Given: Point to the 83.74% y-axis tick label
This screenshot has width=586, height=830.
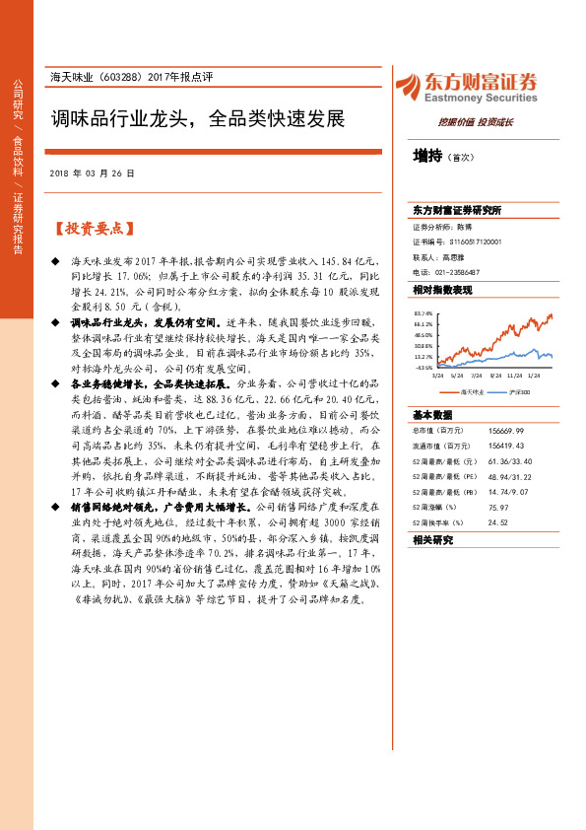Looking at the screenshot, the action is point(423,313).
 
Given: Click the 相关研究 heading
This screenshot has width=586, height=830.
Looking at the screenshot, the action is point(432,540).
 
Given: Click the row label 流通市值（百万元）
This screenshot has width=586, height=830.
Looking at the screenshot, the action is point(437,446).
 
